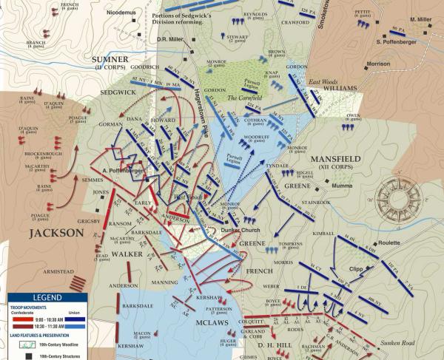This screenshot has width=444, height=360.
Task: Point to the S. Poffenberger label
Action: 399,41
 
